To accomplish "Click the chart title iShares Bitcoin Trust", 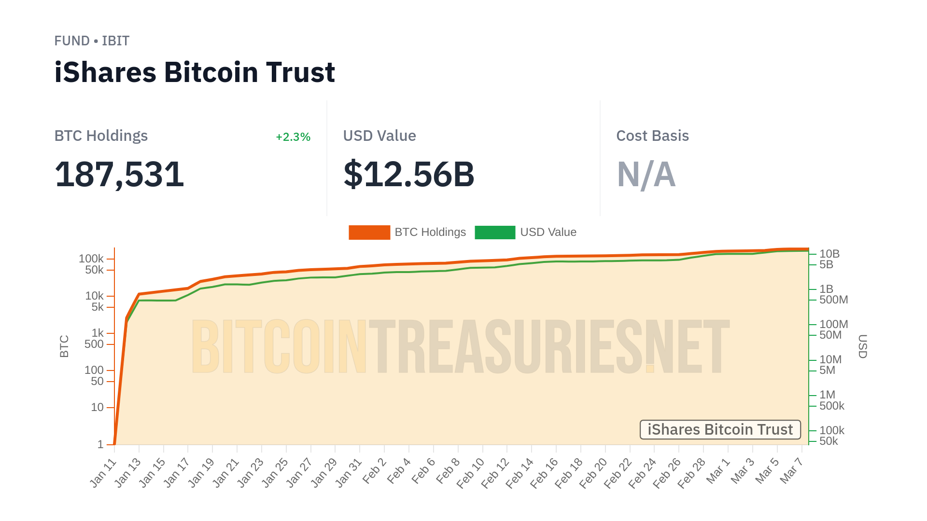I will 195,72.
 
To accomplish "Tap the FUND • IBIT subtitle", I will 92,41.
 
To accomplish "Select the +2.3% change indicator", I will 293,137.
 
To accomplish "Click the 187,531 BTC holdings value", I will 119,174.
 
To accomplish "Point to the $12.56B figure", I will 408,174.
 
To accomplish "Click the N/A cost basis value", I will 646,174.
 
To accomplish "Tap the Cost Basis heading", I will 652,136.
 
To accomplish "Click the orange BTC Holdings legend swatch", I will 369,233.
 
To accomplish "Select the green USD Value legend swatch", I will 495,233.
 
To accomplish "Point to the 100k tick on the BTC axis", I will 91,259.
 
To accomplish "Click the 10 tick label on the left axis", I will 97,408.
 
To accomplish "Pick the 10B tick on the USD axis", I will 829,254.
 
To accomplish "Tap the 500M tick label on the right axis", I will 833,300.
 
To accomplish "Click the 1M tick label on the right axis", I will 827,395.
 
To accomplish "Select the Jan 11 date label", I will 103,473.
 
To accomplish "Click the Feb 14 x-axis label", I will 520,473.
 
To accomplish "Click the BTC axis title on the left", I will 64,346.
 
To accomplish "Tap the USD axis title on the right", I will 863,346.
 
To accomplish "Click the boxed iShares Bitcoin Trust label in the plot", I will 720,429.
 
